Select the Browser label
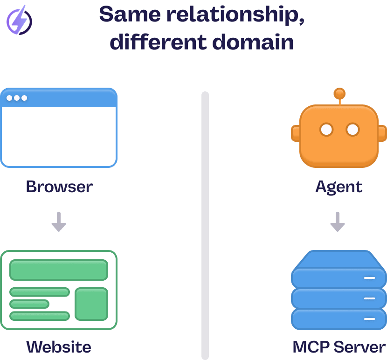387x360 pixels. point(59,187)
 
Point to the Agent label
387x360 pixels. point(339,187)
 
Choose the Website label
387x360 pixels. point(59,346)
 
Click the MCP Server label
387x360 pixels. point(339,346)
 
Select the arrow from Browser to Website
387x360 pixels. point(59,222)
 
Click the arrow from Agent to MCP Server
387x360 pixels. point(337,222)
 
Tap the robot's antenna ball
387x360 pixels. point(339,93)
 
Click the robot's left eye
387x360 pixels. point(326,129)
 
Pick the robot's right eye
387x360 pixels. point(353,129)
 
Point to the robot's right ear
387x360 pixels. point(382,133)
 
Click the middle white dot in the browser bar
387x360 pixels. point(17,98)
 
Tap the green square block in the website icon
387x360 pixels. point(91,304)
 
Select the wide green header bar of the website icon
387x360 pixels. point(59,270)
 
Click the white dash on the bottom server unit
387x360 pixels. point(370,319)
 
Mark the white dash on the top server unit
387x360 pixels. point(370,277)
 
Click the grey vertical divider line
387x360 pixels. point(205,224)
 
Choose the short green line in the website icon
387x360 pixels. point(29,304)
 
